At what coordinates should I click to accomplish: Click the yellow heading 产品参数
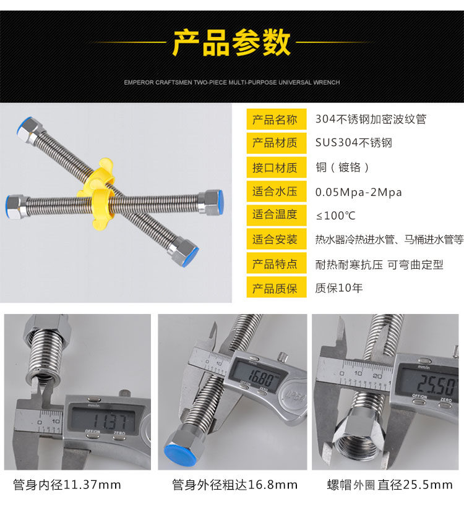click(x=231, y=42)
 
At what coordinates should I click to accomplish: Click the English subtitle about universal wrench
click(x=232, y=83)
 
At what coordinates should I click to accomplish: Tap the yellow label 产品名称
click(x=276, y=119)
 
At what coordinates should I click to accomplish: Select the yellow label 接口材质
click(x=276, y=168)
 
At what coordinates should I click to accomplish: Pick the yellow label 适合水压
click(x=276, y=191)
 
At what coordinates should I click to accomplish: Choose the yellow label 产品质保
click(x=276, y=287)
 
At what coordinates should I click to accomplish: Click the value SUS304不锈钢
click(x=354, y=143)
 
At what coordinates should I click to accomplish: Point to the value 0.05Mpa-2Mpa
click(x=358, y=192)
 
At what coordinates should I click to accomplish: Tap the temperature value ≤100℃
click(x=335, y=216)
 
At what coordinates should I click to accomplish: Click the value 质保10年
click(x=338, y=288)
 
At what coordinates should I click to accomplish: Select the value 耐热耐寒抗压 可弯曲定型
click(x=379, y=265)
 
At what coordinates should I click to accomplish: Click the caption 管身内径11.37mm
click(x=67, y=485)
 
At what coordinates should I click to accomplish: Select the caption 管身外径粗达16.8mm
click(x=234, y=485)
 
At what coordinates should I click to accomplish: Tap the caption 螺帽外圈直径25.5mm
click(x=390, y=485)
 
